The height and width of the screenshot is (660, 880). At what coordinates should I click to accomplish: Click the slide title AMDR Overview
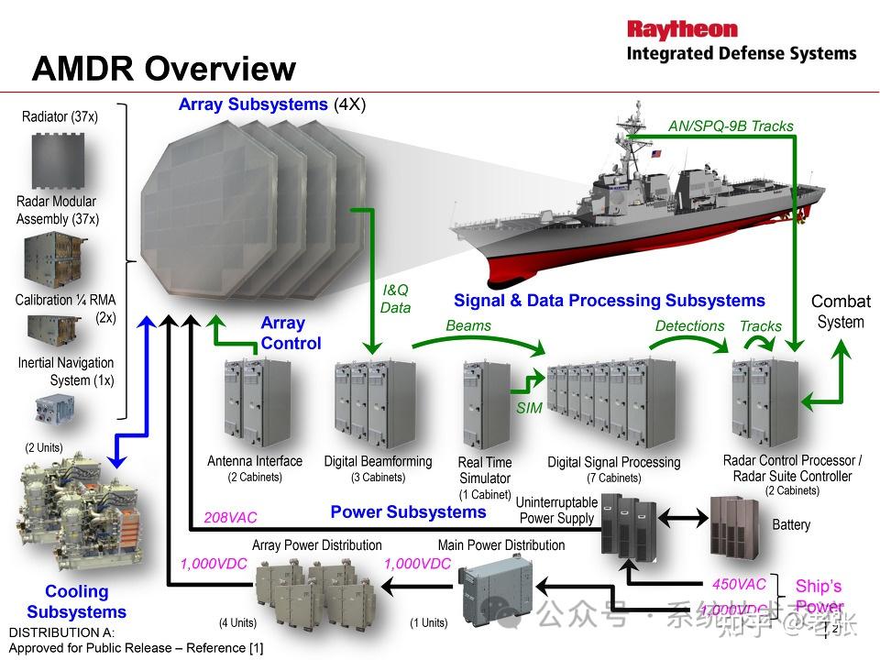164,69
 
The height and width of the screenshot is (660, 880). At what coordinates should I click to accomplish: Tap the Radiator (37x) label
60,116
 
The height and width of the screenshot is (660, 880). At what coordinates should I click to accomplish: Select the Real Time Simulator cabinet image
486,404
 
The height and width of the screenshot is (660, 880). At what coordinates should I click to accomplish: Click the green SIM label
529,408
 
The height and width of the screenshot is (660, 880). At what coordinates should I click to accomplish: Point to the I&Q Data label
395,299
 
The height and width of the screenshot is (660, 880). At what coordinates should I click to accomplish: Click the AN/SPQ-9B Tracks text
731,126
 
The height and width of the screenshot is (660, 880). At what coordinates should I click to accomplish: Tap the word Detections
689,325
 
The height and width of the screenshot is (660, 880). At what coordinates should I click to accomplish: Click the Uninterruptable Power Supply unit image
629,523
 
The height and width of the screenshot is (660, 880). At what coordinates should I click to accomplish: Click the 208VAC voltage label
230,518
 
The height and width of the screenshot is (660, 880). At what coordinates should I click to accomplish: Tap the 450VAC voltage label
739,584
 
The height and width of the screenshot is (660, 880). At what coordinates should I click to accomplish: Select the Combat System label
841,312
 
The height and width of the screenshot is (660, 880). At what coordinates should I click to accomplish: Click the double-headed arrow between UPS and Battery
684,518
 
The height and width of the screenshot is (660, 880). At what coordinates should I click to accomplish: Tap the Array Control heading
291,334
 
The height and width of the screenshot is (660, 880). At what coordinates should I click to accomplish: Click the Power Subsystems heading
408,511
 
